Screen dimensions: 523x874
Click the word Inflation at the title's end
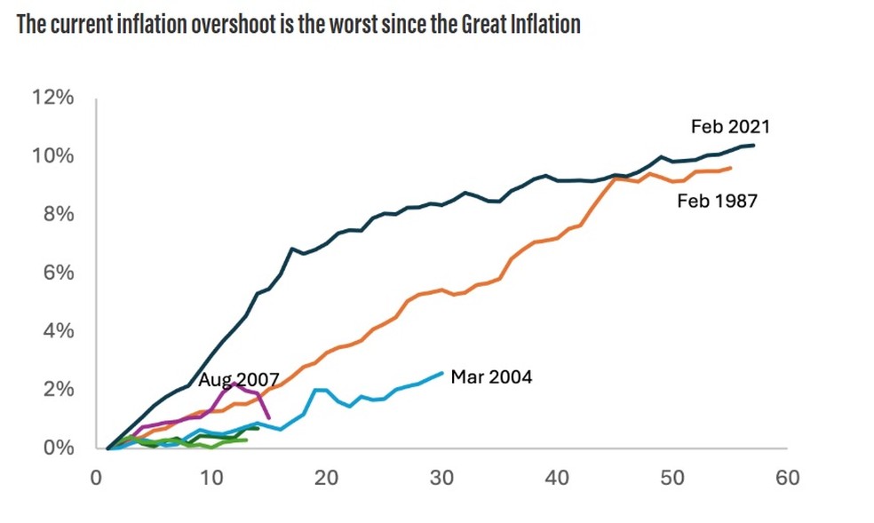(545, 24)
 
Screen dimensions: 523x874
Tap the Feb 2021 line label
(730, 127)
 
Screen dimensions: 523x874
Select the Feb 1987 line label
(717, 201)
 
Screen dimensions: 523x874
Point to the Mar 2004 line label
(491, 377)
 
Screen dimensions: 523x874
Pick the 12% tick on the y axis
(52, 98)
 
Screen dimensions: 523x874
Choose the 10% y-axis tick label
(52, 156)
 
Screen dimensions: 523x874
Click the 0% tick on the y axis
(58, 448)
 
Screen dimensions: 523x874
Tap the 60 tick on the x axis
(787, 478)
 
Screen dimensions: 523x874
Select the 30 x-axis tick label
(441, 478)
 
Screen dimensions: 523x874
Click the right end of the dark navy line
(754, 145)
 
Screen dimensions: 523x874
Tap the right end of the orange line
(731, 168)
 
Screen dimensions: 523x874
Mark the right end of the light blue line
(442, 373)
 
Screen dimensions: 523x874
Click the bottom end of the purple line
(269, 418)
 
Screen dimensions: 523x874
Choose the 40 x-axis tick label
(557, 478)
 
